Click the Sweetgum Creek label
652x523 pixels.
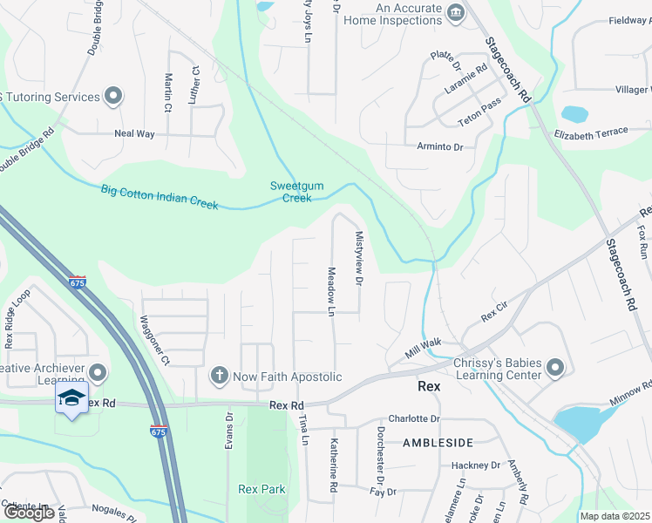pos(290,192)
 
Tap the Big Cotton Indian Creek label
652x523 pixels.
pos(159,196)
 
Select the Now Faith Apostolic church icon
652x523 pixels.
pos(219,376)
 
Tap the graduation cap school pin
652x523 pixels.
pos(71,398)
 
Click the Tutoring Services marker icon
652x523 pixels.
pos(112,96)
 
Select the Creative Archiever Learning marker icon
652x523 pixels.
pos(97,374)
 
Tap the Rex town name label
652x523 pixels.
pos(429,385)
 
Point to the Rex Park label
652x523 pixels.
pos(262,489)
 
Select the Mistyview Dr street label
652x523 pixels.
pos(358,258)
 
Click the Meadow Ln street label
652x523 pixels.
pos(331,291)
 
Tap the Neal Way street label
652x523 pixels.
pos(134,134)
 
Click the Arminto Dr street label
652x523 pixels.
pos(439,146)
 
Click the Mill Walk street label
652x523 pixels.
pos(424,350)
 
